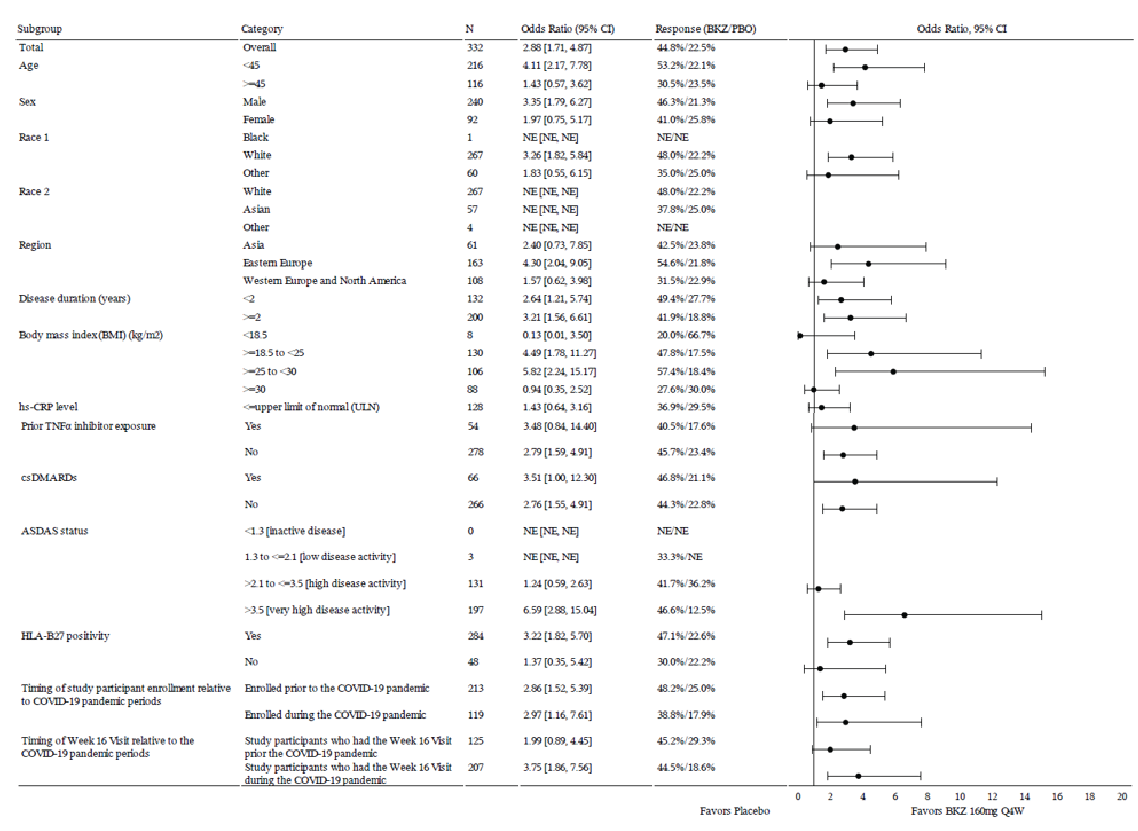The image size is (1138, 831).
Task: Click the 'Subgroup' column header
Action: pyautogui.click(x=39, y=29)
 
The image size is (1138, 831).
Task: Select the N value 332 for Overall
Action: pyautogui.click(x=474, y=47)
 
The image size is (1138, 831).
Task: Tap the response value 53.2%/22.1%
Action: pyautogui.click(x=685, y=65)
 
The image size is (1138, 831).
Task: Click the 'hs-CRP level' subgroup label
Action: pyautogui.click(x=48, y=407)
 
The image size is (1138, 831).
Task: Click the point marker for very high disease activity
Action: pyautogui.click(x=904, y=615)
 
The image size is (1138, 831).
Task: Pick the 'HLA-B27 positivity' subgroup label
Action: pyautogui.click(x=65, y=636)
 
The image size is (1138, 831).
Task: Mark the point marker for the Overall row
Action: pyautogui.click(x=845, y=50)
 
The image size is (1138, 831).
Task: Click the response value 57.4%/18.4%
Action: pyautogui.click(x=685, y=371)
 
